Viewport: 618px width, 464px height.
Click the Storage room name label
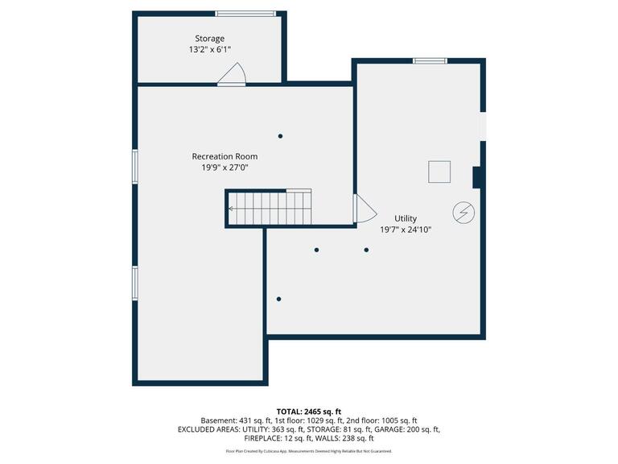pyautogui.click(x=209, y=39)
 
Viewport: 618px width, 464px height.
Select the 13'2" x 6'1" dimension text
pyautogui.click(x=209, y=49)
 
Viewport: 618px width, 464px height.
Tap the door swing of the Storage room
pyautogui.click(x=233, y=77)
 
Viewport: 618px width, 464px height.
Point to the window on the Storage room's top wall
pyautogui.click(x=245, y=13)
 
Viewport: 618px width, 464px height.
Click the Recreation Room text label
pyautogui.click(x=225, y=156)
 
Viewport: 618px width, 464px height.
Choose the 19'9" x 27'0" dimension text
pyautogui.click(x=225, y=168)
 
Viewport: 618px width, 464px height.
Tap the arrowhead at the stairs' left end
pyautogui.click(x=231, y=209)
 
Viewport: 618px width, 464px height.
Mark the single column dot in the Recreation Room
pyautogui.click(x=280, y=135)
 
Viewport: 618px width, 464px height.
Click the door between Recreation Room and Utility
pyautogui.click(x=364, y=209)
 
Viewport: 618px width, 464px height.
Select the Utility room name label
pyautogui.click(x=406, y=218)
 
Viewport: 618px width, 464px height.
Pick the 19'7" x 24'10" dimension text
pyautogui.click(x=406, y=230)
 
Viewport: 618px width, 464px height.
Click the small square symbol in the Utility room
pyautogui.click(x=439, y=172)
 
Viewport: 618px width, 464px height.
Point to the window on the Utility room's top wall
pyautogui.click(x=430, y=60)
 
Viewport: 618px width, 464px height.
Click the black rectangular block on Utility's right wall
pyautogui.click(x=476, y=177)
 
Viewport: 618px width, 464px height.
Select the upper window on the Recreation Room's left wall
pyautogui.click(x=135, y=168)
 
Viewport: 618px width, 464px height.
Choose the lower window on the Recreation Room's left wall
pyautogui.click(x=135, y=283)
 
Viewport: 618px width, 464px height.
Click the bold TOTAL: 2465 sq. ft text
pyautogui.click(x=308, y=411)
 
